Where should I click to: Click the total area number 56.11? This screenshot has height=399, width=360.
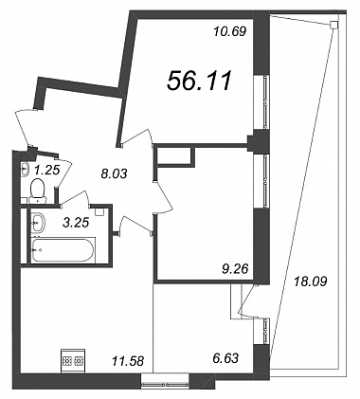click(200, 81)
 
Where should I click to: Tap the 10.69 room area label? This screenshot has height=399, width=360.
click(229, 31)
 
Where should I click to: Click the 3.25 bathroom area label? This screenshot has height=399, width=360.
click(76, 223)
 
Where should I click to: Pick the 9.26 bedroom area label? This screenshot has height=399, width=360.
click(235, 269)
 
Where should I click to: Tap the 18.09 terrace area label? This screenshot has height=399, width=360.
click(310, 281)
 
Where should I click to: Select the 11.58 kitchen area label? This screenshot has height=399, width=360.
click(128, 360)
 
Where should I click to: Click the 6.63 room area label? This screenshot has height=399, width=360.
click(225, 358)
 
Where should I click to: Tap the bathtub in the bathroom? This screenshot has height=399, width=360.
click(63, 250)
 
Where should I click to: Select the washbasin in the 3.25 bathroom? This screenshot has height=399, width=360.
click(38, 221)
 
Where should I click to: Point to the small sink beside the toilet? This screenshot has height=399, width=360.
click(25, 169)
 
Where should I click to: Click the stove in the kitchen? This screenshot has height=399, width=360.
click(73, 359)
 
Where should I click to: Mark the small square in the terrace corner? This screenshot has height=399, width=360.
click(333, 25)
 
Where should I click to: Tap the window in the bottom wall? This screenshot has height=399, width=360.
click(165, 380)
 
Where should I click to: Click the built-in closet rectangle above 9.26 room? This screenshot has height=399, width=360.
click(175, 156)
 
